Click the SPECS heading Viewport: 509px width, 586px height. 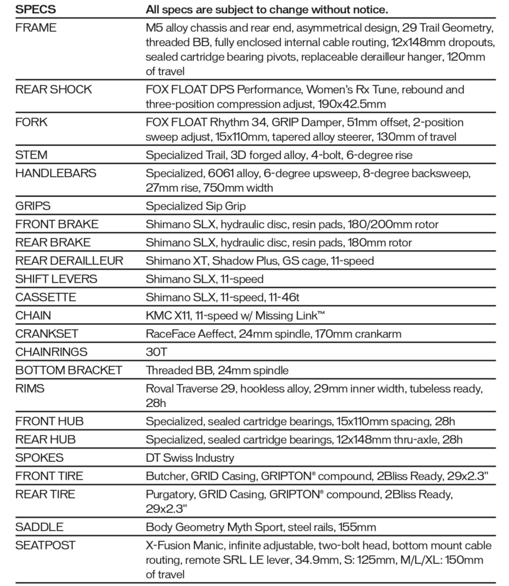pyautogui.click(x=36, y=9)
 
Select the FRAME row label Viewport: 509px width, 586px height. pyautogui.click(x=36, y=28)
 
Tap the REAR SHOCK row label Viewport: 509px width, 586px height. pyautogui.click(x=54, y=89)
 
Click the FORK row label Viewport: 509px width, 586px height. pyautogui.click(x=31, y=122)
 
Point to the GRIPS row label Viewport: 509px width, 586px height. pyautogui.click(x=33, y=206)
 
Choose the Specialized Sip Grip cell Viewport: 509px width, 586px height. pyautogui.click(x=196, y=206)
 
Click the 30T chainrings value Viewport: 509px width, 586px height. pyautogui.click(x=156, y=352)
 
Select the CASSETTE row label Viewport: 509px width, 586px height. pyautogui.click(x=46, y=297)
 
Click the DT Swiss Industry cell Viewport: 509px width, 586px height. pyautogui.click(x=190, y=458)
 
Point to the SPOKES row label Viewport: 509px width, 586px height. pyautogui.click(x=39, y=458)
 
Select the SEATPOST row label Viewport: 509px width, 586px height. pyautogui.click(x=45, y=545)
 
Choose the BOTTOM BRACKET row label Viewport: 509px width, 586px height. pyautogui.click(x=69, y=370)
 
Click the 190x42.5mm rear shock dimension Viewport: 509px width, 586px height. pyautogui.click(x=352, y=104)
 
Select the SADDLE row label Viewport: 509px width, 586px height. pyautogui.click(x=39, y=527)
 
